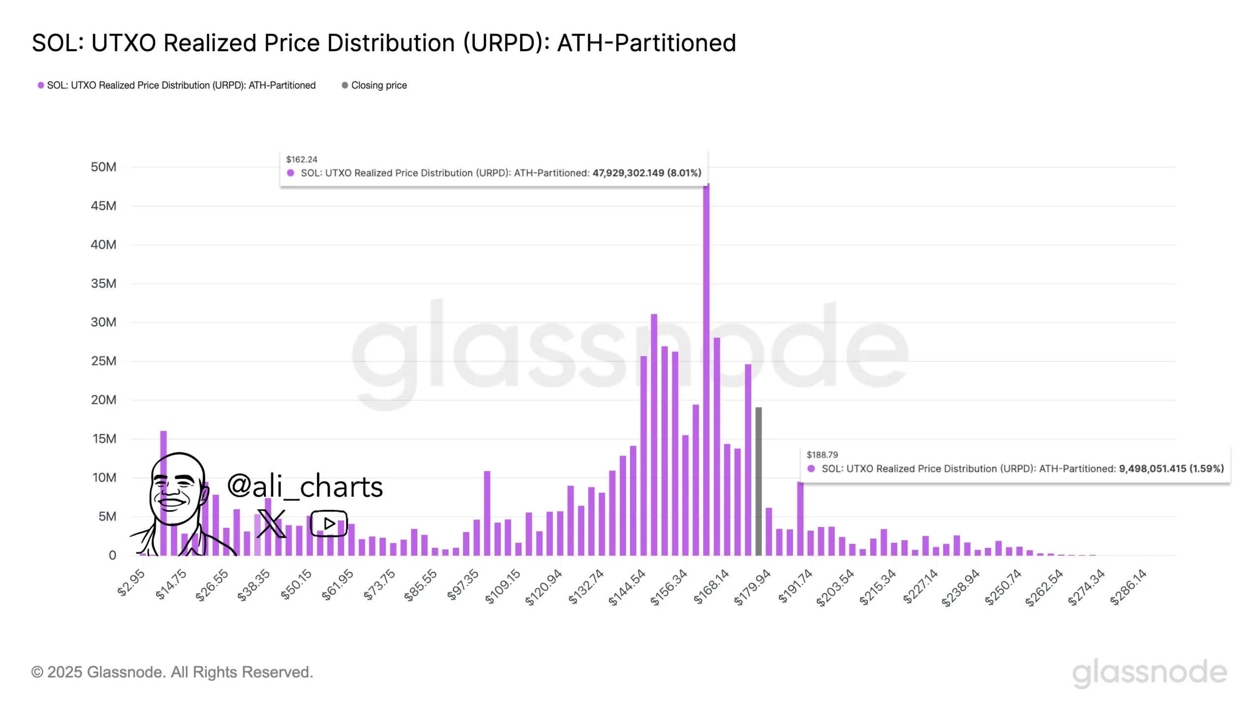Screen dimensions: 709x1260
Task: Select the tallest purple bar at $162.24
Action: coord(706,369)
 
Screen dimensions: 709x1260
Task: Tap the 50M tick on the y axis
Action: coord(103,167)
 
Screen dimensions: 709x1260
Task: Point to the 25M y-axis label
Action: coord(103,361)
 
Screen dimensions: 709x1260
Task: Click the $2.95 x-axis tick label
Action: coord(131,582)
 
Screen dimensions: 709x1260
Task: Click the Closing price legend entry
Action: coord(378,85)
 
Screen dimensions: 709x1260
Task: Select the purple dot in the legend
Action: coord(41,85)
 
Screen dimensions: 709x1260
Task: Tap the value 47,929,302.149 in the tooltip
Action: coord(628,173)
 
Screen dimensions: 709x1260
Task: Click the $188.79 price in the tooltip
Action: coord(822,455)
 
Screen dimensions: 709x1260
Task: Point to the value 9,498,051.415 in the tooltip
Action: coord(1152,469)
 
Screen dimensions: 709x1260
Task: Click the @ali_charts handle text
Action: coord(305,486)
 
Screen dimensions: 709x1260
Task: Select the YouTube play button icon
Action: coord(329,523)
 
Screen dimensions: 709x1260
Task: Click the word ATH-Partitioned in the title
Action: coord(646,43)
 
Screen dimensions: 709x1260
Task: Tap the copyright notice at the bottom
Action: coord(172,672)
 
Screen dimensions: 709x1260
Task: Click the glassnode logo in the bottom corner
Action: coord(1149,673)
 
